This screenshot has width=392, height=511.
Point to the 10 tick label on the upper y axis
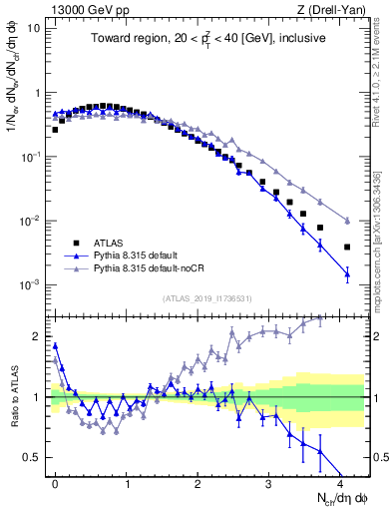point(33,28)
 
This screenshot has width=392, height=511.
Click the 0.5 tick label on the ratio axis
point(31,457)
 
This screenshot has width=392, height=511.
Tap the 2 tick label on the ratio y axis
point(35,336)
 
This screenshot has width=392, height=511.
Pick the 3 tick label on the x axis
point(269,482)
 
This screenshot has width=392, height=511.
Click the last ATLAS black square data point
point(347,247)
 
